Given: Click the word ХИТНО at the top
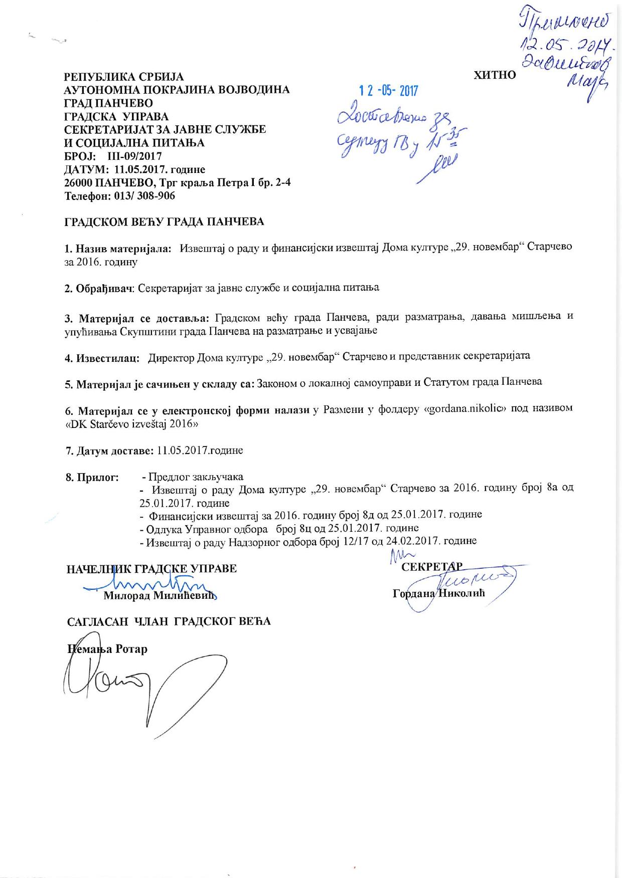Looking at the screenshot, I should [x=495, y=75].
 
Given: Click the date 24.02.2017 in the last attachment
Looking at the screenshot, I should [x=411, y=541].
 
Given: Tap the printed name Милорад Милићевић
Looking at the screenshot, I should [x=160, y=596].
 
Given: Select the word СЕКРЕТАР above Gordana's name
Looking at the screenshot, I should [x=431, y=567].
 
